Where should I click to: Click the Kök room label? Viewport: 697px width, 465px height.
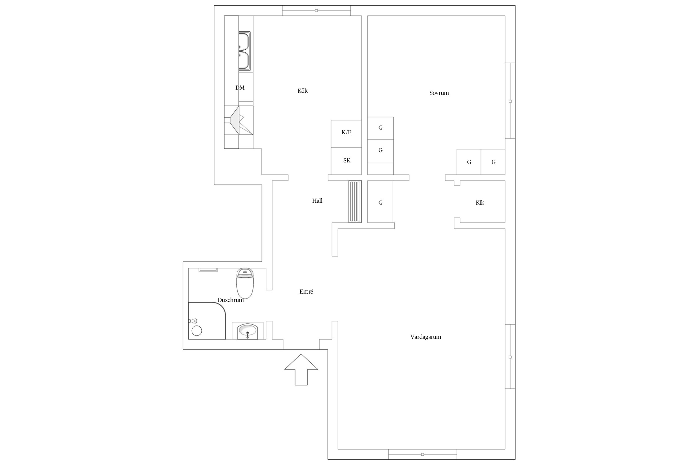[302, 91]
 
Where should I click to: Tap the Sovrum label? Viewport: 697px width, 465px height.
[439, 93]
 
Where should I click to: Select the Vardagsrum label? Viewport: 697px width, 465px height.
[426, 337]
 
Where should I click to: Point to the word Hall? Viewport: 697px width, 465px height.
[317, 201]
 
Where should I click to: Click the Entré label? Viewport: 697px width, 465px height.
[306, 291]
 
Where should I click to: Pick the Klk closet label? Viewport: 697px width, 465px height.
[480, 202]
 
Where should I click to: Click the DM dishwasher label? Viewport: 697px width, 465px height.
[240, 88]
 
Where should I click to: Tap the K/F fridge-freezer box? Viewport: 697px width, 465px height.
[346, 134]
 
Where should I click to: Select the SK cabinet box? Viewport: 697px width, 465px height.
[346, 161]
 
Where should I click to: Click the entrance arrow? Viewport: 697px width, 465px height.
[301, 370]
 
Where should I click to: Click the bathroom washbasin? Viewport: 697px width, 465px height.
[248, 331]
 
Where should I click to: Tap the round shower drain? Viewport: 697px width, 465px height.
[197, 331]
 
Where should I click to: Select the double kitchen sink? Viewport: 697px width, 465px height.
[244, 51]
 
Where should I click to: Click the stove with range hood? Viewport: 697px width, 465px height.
[239, 120]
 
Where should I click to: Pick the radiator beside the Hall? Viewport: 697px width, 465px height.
[355, 201]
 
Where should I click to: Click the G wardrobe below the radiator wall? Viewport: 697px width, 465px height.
[380, 201]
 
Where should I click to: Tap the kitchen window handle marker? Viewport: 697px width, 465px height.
[316, 11]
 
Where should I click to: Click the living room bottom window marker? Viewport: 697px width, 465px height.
[423, 454]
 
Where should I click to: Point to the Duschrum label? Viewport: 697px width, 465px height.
[231, 300]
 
